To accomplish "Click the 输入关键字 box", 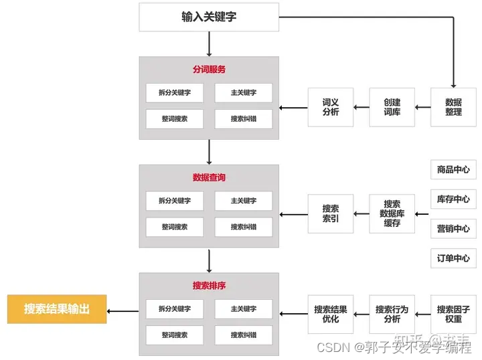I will (x=208, y=17).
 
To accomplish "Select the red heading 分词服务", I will (x=209, y=69).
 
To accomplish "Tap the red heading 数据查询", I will (x=209, y=177).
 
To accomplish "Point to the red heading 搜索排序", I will (x=209, y=286).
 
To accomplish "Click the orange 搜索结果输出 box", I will (x=56, y=309).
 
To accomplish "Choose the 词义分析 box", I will (x=330, y=107).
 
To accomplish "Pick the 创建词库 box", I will (x=392, y=107).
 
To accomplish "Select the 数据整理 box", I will (x=453, y=107).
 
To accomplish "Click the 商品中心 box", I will (x=453, y=170).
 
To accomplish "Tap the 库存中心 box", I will (x=453, y=199).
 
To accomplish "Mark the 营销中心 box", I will (x=453, y=229).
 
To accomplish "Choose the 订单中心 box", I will (x=453, y=258).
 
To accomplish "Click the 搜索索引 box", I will (x=330, y=213).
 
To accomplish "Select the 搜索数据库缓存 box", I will (x=392, y=213).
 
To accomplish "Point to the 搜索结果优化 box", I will (x=330, y=314).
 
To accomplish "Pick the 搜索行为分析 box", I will (x=392, y=314).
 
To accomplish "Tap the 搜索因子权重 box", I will (x=453, y=314).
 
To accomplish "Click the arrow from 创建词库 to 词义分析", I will (x=361, y=107).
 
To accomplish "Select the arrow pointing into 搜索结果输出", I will (x=123, y=310).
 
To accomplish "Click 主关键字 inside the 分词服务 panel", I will (x=244, y=93).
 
